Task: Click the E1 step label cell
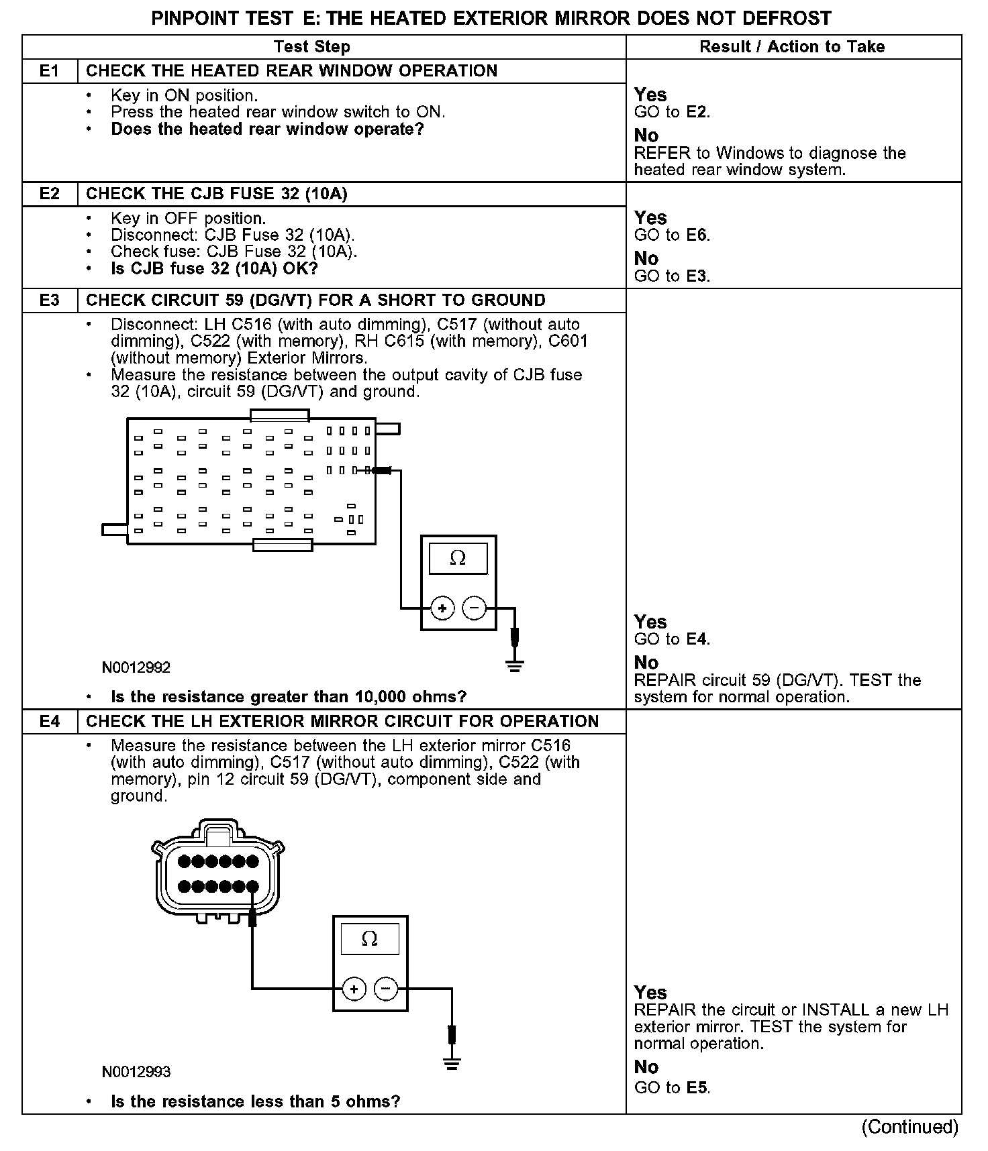(50, 71)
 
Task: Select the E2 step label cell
(50, 194)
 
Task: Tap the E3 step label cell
(50, 300)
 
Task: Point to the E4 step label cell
(50, 721)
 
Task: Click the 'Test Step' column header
(312, 47)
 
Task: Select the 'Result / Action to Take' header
(792, 47)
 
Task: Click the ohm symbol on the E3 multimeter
(458, 559)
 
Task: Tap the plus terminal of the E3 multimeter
(442, 608)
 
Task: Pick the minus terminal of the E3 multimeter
(475, 608)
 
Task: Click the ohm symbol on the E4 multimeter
(370, 939)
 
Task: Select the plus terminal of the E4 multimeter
(354, 989)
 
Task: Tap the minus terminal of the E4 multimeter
(386, 989)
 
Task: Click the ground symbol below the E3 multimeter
(515, 666)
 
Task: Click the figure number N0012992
(136, 668)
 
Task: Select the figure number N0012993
(136, 1072)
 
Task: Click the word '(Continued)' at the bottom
(909, 1127)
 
